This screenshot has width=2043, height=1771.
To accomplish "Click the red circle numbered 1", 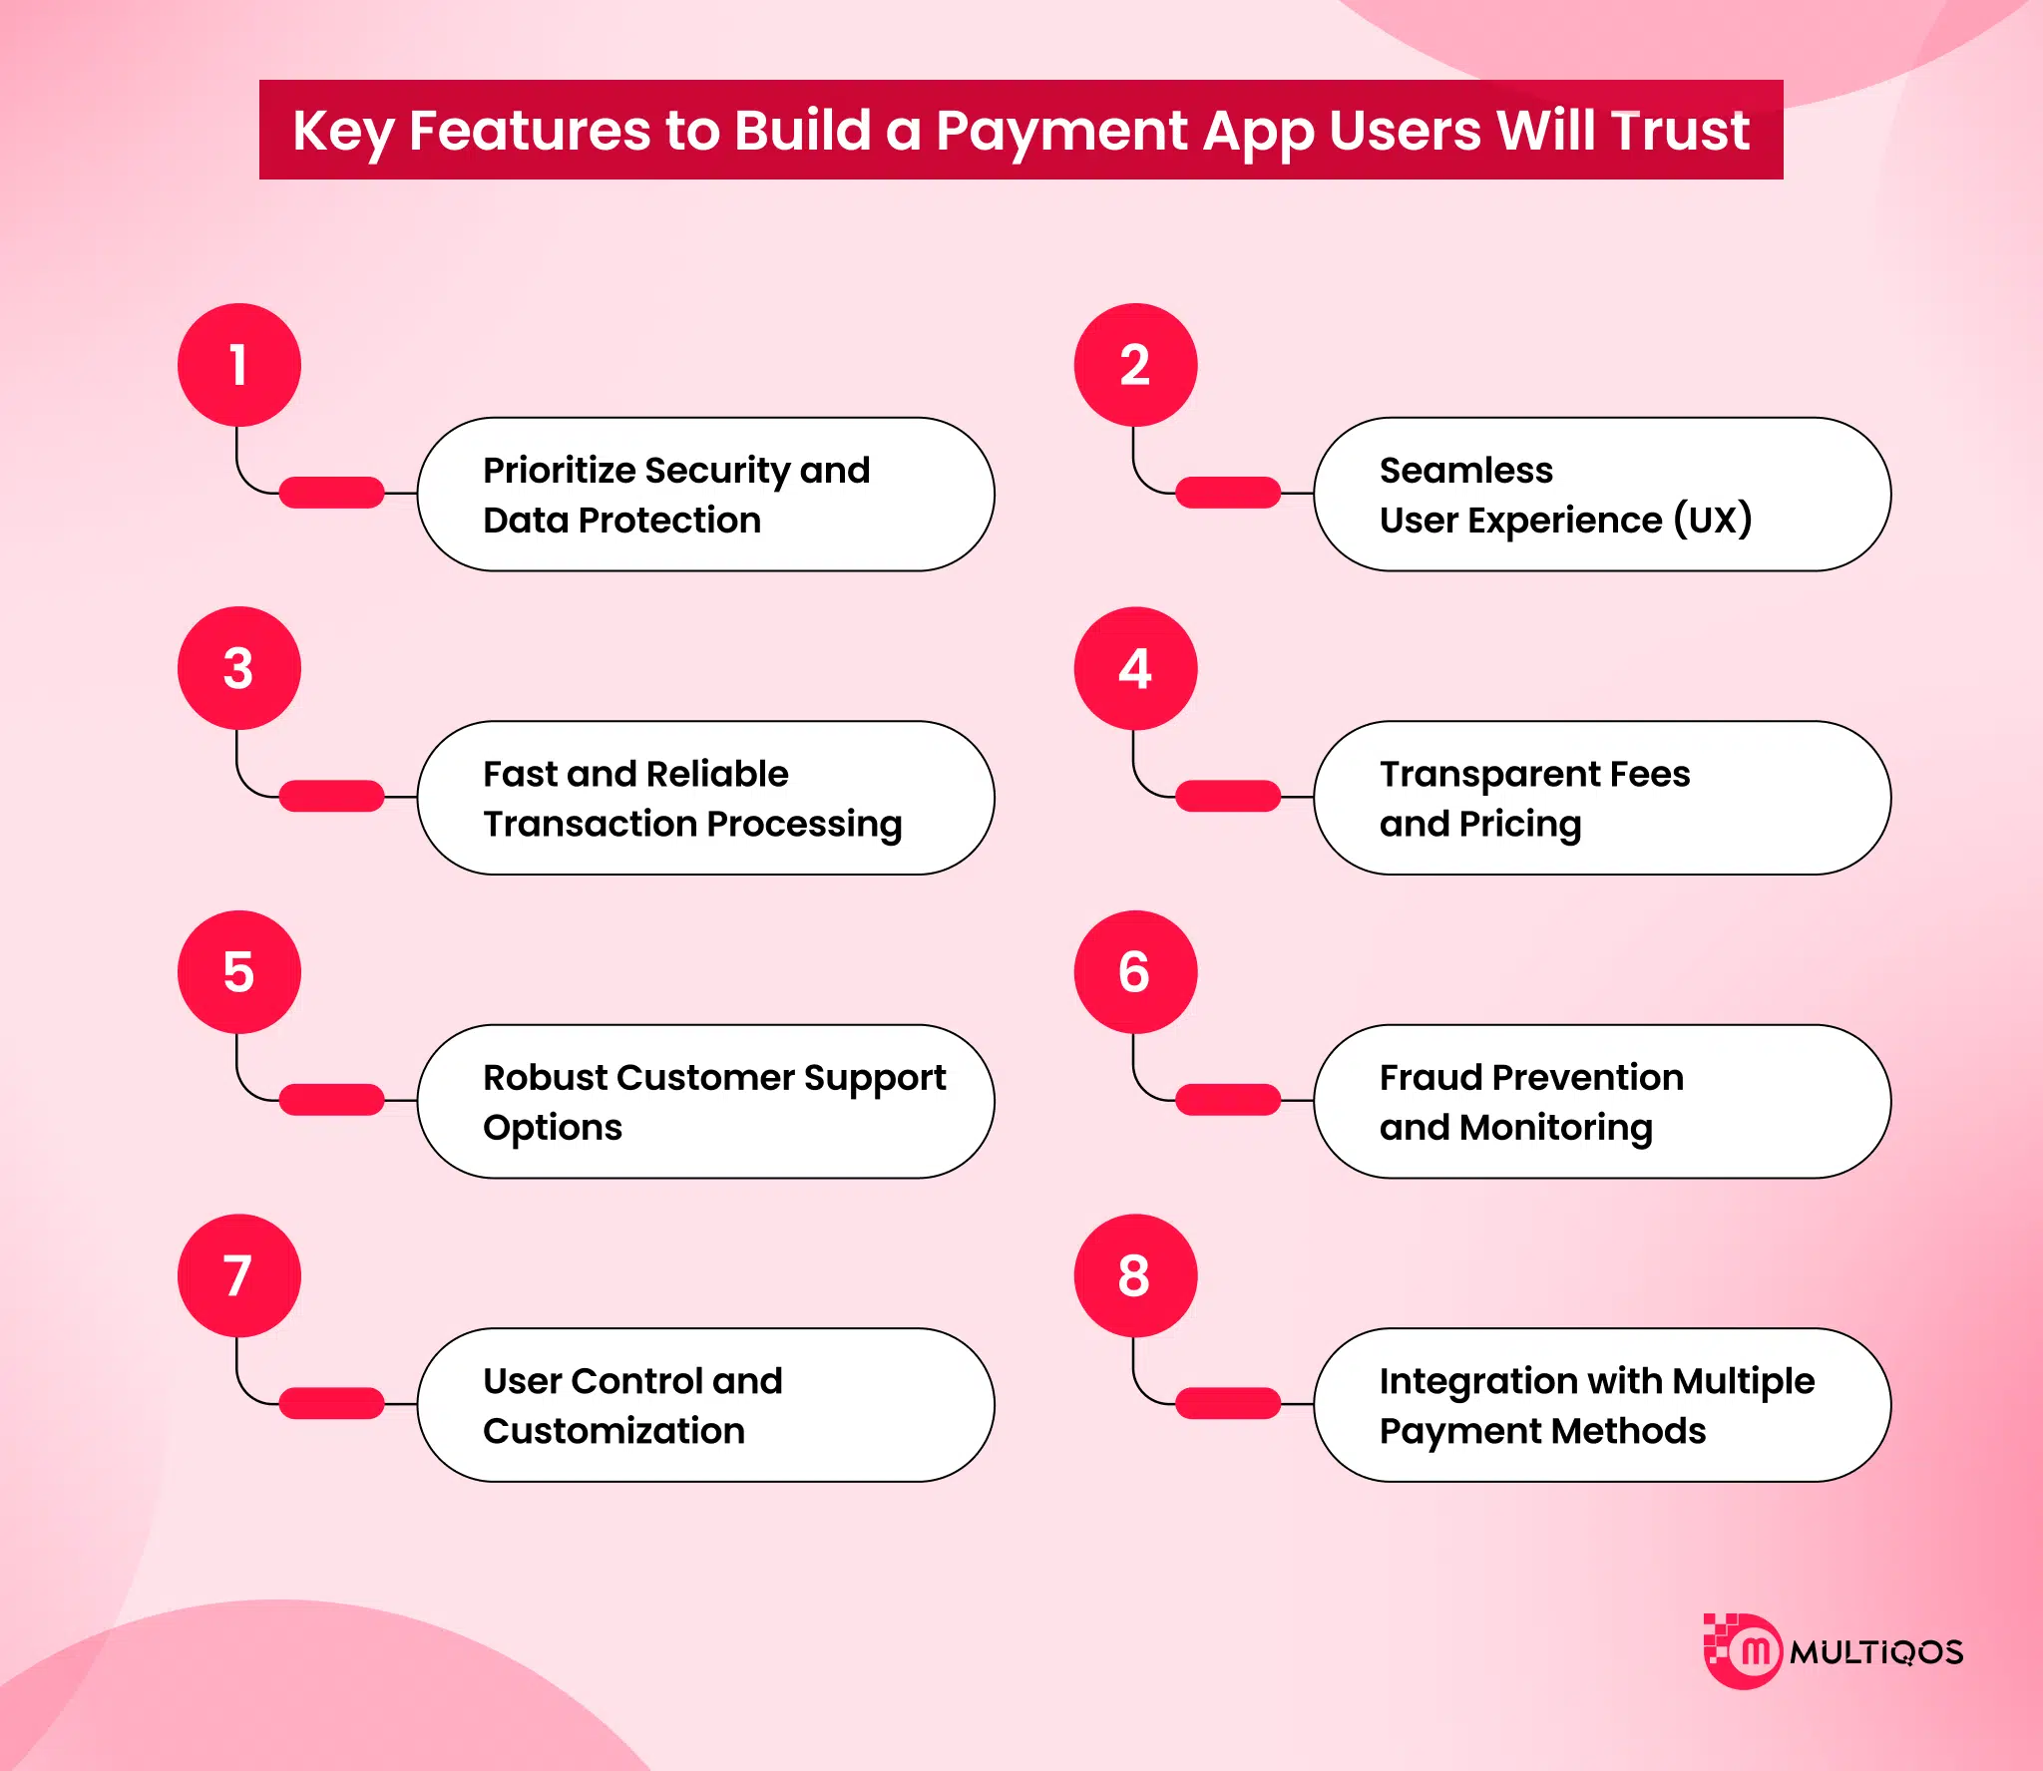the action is (x=239, y=365).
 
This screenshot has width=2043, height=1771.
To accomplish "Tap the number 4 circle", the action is (x=1135, y=668).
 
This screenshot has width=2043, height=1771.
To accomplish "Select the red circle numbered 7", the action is (x=239, y=1275).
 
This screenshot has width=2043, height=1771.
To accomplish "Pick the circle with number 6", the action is (x=1135, y=972).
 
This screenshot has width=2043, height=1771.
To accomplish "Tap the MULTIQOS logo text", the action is (x=1876, y=1652).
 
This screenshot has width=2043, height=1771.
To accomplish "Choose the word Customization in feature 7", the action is (x=613, y=1431).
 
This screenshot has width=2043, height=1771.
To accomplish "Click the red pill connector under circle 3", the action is (x=331, y=796).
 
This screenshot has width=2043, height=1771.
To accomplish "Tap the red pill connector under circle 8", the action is (x=1228, y=1403).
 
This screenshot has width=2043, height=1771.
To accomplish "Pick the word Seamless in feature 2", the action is (x=1466, y=470).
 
